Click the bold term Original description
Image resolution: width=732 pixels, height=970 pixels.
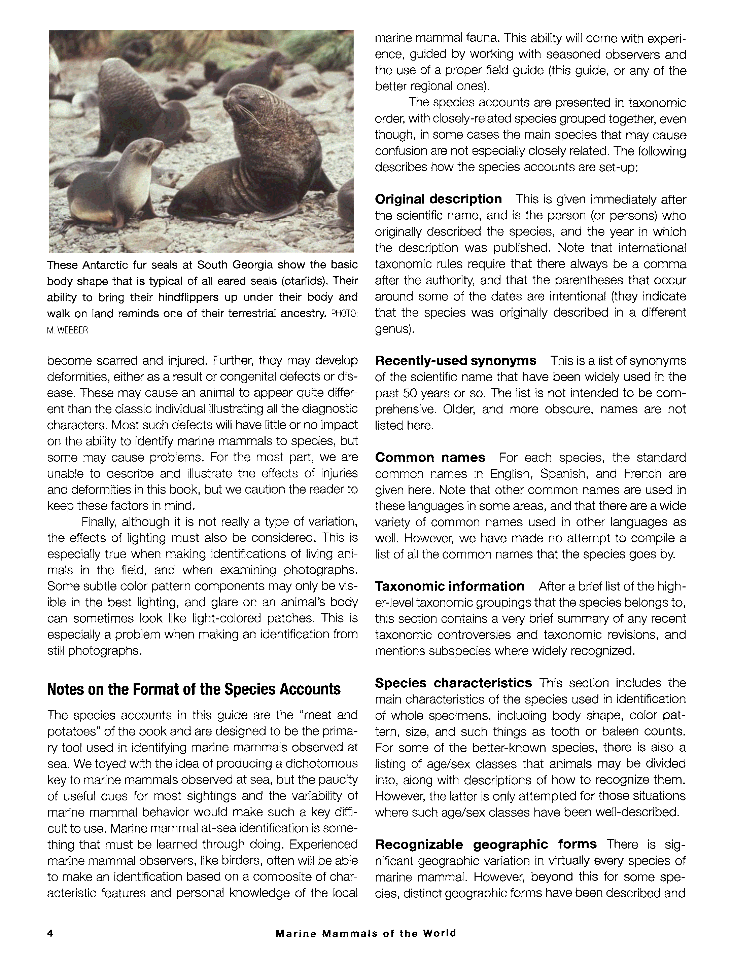(x=438, y=199)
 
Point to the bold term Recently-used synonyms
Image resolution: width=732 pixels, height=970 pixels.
(x=455, y=360)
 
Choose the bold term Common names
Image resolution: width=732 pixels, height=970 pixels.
(x=430, y=457)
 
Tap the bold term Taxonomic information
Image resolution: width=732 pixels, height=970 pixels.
(x=450, y=586)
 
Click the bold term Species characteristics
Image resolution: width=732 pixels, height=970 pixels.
(x=453, y=683)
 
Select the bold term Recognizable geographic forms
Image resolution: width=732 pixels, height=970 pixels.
(x=486, y=844)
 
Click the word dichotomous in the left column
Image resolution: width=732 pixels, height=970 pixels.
(x=321, y=763)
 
